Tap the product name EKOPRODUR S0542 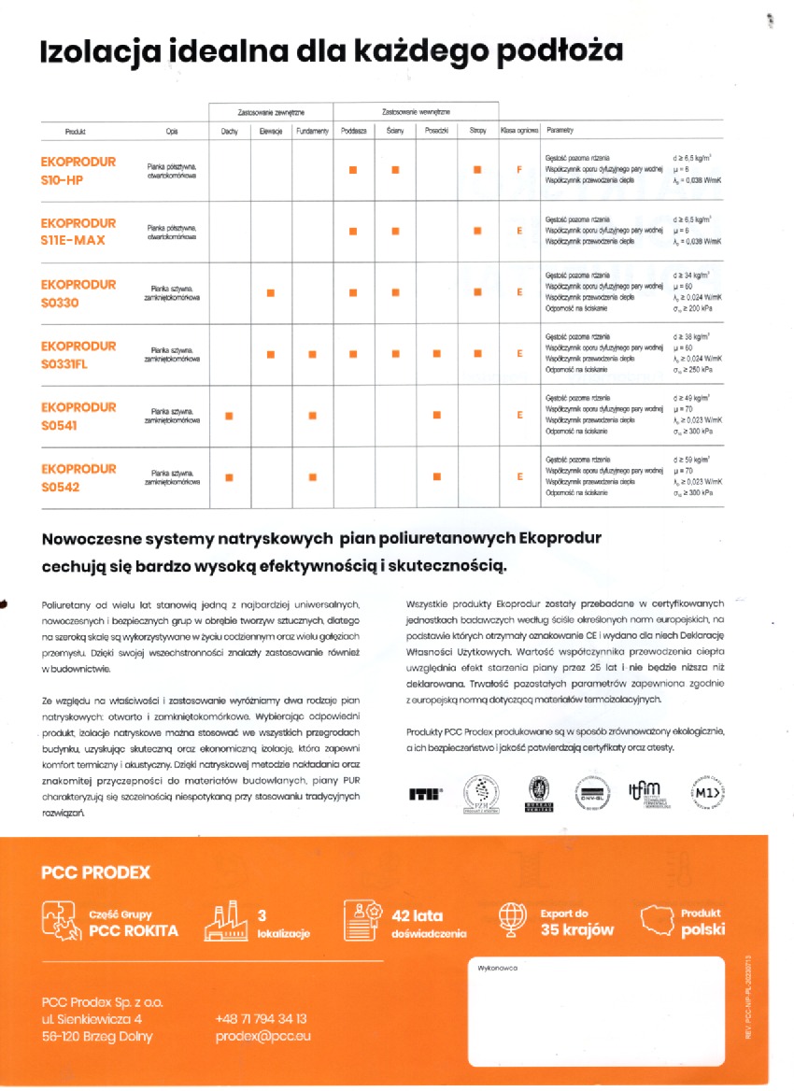point(78,477)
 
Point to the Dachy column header point(229,132)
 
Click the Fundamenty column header point(312,132)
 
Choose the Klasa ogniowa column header point(519,132)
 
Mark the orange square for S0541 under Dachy point(229,416)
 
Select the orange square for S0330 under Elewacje point(270,292)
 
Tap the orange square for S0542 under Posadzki point(436,477)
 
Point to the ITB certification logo point(426,794)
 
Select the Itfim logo point(648,792)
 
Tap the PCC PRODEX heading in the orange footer point(95,873)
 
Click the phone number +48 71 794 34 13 point(261,1019)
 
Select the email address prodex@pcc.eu point(263,1036)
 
